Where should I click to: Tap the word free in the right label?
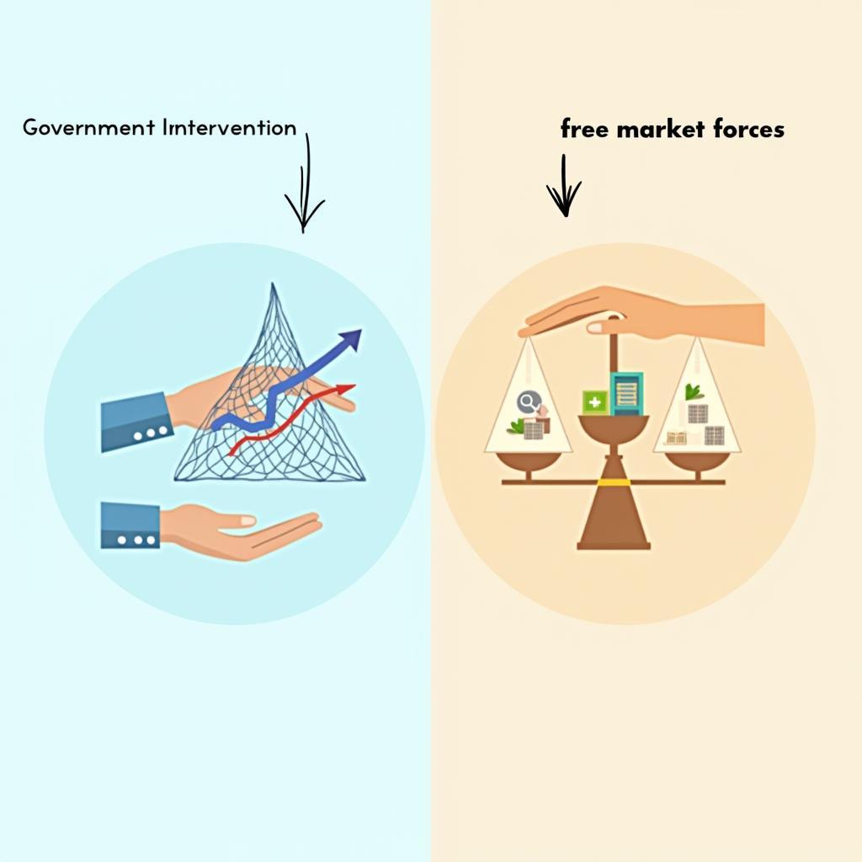pos(584,129)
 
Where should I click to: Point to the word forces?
pos(747,129)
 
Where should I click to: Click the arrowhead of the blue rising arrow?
pos(352,338)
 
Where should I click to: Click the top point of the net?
pos(272,286)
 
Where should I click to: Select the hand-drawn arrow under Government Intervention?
pos(305,189)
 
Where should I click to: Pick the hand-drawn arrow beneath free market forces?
pos(563,187)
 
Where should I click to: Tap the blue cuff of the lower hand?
pos(130,526)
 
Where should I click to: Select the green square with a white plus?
pos(594,402)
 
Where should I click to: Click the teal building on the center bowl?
pos(626,393)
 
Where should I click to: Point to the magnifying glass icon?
pos(529,402)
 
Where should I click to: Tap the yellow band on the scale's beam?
pos(614,482)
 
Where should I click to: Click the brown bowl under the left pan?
pos(529,460)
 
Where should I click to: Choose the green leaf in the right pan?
pos(694,391)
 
